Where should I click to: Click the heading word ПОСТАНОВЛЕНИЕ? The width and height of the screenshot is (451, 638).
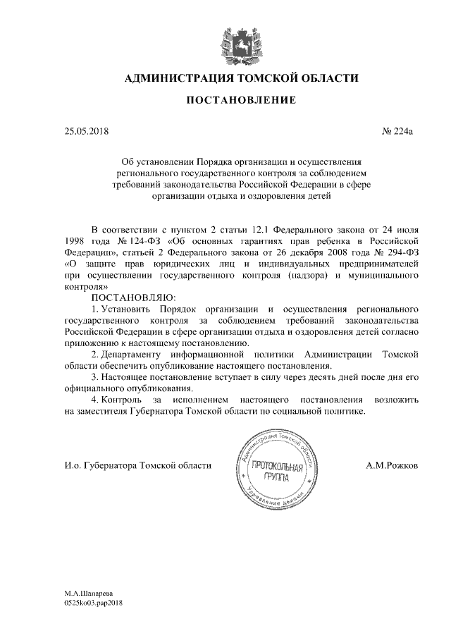click(x=230, y=100)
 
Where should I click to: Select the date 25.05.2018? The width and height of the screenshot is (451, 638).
click(x=85, y=131)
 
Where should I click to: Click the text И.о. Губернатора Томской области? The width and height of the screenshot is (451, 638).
click(x=137, y=466)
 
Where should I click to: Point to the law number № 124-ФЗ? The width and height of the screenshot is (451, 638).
click(x=137, y=241)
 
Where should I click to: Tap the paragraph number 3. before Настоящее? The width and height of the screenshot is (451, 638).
click(x=96, y=378)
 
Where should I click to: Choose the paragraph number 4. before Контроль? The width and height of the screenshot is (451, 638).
click(x=96, y=400)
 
